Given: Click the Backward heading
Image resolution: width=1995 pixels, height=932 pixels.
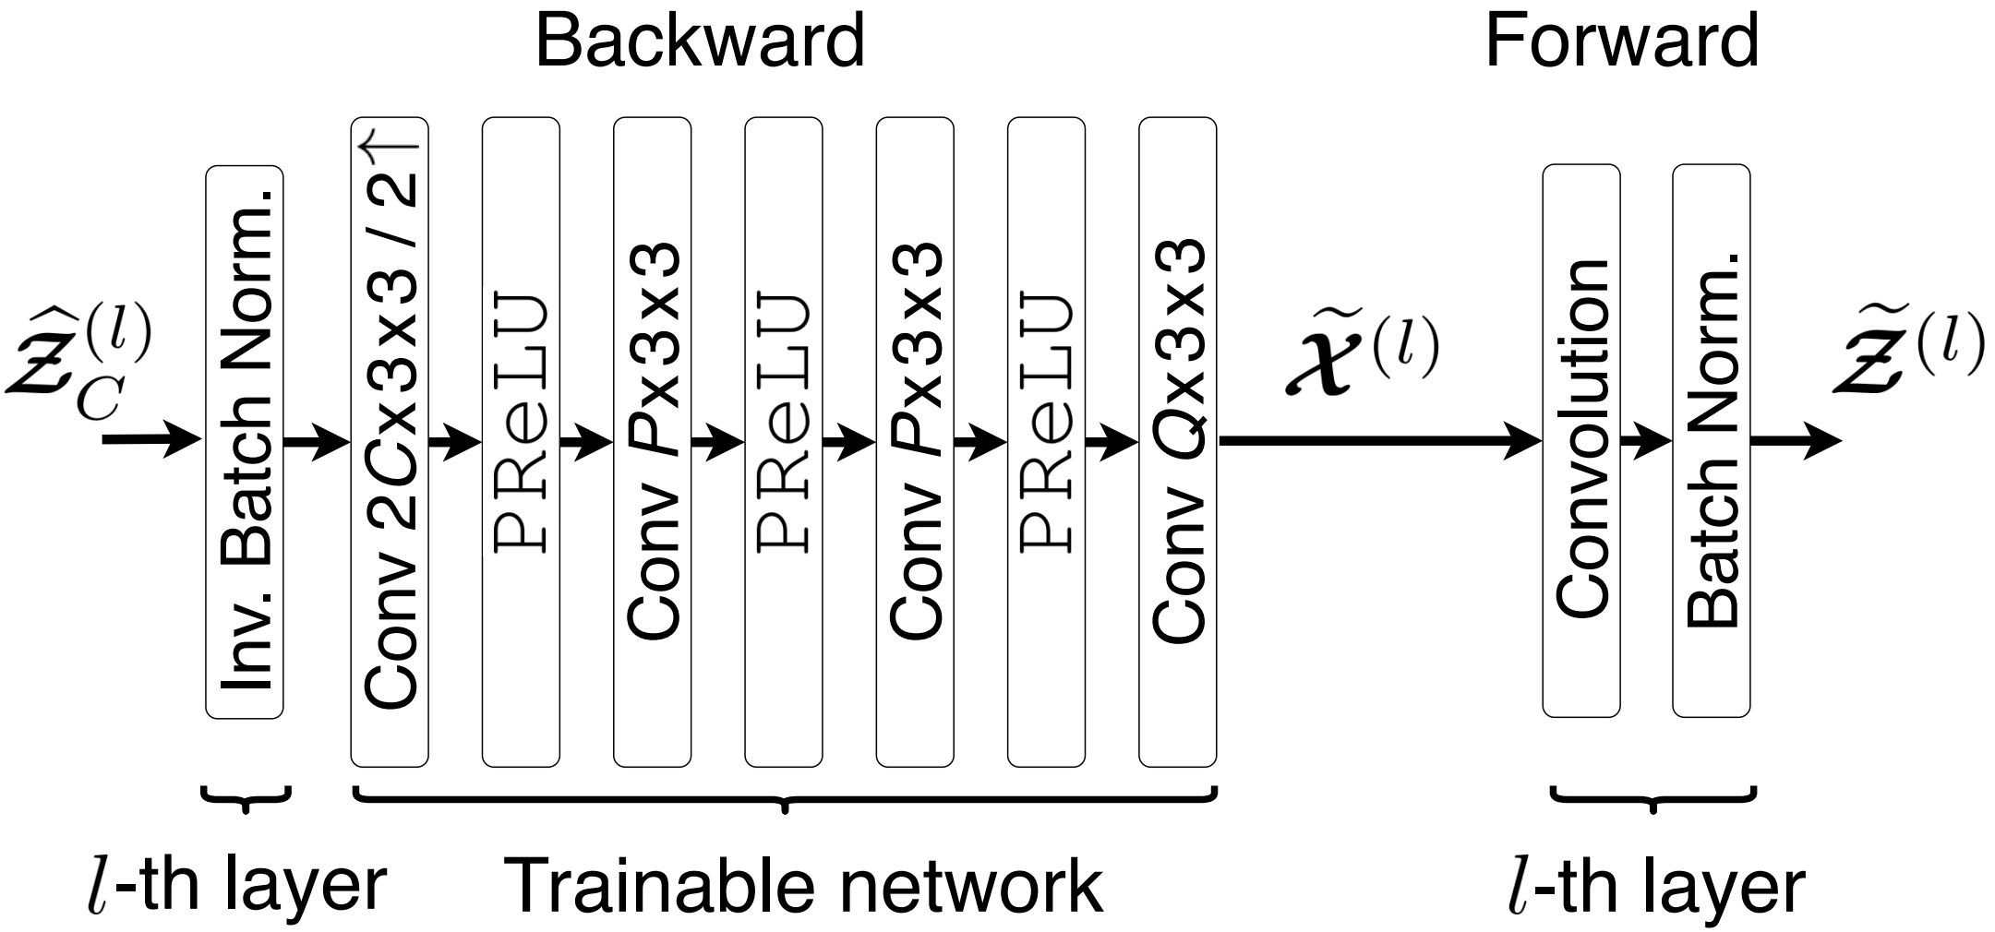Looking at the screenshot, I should [699, 42].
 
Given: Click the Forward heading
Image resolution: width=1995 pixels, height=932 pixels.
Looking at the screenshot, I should [1621, 42].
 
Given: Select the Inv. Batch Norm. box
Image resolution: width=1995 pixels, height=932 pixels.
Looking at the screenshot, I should [245, 441].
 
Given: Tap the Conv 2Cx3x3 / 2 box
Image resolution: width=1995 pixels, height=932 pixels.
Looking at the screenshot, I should [390, 441].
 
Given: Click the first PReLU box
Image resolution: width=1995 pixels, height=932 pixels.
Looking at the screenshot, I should [521, 441].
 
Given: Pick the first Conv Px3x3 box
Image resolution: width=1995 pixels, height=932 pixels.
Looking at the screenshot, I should [653, 441].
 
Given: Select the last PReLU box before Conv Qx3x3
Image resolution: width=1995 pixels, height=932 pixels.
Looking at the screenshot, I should [1046, 441].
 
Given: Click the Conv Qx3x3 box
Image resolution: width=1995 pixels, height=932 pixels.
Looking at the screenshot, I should [1177, 441].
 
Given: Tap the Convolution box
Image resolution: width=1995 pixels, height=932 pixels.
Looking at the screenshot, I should [1581, 441].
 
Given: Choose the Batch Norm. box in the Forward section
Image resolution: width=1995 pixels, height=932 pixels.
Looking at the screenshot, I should [1712, 441].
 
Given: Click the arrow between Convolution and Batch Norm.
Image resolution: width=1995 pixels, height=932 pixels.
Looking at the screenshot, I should [1646, 441].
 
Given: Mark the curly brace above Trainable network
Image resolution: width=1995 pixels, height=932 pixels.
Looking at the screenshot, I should [785, 799].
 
